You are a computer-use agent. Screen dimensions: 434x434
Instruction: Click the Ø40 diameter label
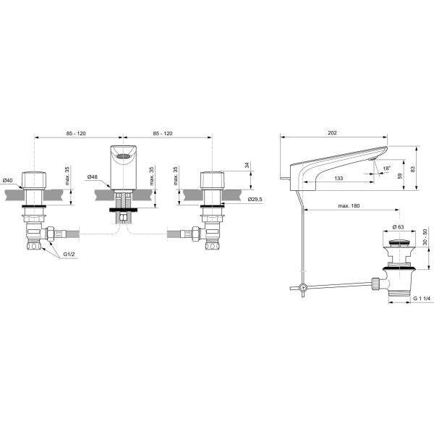pyautogui.click(x=8, y=180)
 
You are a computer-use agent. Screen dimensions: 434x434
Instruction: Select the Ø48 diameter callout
pyautogui.click(x=92, y=177)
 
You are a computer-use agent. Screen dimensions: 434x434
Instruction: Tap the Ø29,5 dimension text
pyautogui.click(x=255, y=199)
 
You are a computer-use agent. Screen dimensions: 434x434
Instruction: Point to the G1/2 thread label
pyautogui.click(x=69, y=254)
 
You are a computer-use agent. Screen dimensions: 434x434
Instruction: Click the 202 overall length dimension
pyautogui.click(x=332, y=133)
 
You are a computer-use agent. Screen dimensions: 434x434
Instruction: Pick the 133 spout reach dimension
pyautogui.click(x=339, y=178)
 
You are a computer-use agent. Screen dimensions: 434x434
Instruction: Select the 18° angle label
pyautogui.click(x=387, y=169)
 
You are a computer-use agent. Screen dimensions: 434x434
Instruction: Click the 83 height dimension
pyautogui.click(x=413, y=169)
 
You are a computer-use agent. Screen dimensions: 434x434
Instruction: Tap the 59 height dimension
pyautogui.click(x=400, y=176)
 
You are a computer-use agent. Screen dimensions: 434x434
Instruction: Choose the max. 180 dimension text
pyautogui.click(x=349, y=206)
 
